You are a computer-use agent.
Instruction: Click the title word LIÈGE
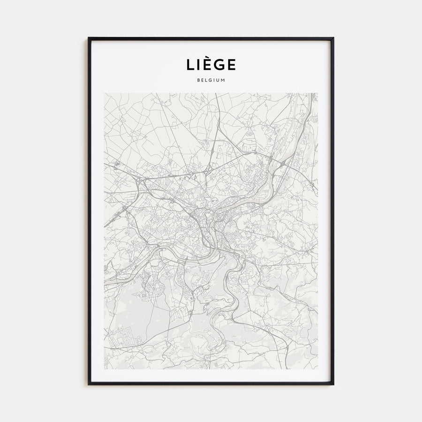point(211,64)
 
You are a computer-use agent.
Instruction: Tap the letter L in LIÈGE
point(189,65)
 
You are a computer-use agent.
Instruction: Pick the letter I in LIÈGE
point(198,65)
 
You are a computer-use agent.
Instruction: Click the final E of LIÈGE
point(232,65)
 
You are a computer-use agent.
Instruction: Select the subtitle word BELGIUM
point(211,80)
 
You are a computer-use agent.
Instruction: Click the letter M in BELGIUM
point(224,80)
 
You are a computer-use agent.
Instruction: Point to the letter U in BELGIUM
point(219,80)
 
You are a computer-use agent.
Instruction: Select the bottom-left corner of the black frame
point(89,384)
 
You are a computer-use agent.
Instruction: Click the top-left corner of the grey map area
point(105,93)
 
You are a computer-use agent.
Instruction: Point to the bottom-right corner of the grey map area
point(317,369)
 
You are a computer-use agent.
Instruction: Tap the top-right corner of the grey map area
point(317,93)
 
